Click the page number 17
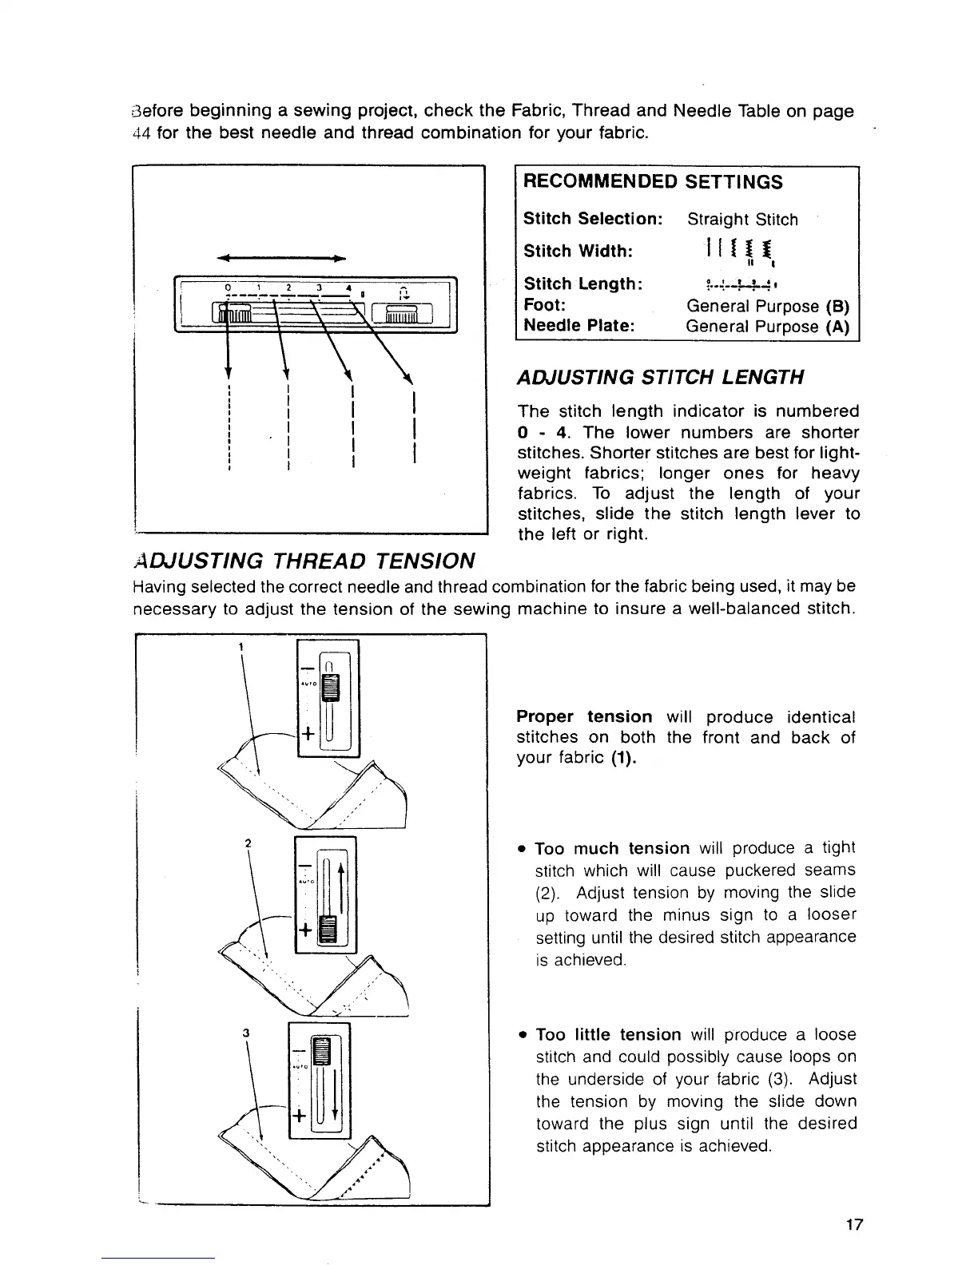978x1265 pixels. pyautogui.click(x=854, y=1224)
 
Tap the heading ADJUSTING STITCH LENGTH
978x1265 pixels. pyautogui.click(x=660, y=377)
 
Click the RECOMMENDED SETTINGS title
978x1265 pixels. pyautogui.click(x=653, y=182)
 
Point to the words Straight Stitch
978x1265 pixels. pyautogui.click(x=742, y=220)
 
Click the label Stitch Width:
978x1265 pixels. pyautogui.click(x=578, y=252)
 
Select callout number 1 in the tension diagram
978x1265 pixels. pyautogui.click(x=240, y=645)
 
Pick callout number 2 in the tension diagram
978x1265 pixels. pyautogui.click(x=248, y=843)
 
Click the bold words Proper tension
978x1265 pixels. pyautogui.click(x=584, y=717)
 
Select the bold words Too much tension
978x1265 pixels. pyautogui.click(x=612, y=848)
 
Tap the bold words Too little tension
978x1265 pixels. pyautogui.click(x=608, y=1035)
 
